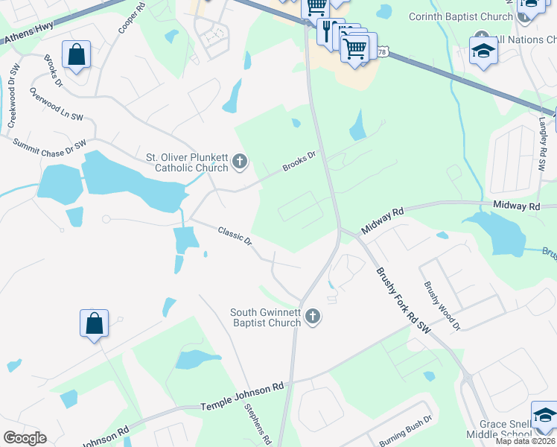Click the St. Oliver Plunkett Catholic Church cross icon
pos(240,160)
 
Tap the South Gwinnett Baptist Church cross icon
pos(313,317)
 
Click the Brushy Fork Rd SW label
pos(403,300)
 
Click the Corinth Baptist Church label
pos(461,16)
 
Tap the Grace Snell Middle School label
pos(499,428)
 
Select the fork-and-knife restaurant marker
pos(327,31)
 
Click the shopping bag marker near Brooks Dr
pos(76,54)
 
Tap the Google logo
pos(25,438)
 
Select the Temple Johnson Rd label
pos(243,407)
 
